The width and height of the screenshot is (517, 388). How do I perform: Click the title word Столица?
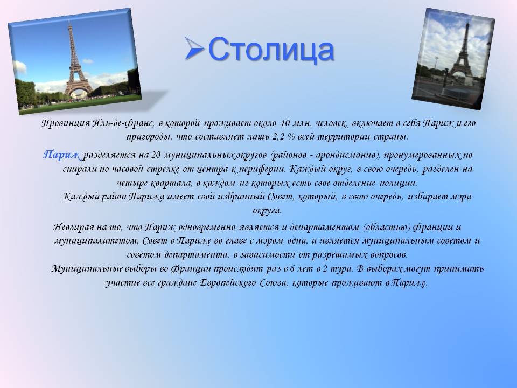(x=271, y=50)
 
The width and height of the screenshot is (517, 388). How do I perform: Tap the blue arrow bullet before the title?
(x=194, y=48)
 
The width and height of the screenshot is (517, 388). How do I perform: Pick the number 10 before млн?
(x=285, y=123)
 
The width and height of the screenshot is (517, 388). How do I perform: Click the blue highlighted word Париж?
(x=61, y=155)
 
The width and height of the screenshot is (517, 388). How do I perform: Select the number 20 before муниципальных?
(x=155, y=155)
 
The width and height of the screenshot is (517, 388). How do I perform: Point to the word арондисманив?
(x=348, y=155)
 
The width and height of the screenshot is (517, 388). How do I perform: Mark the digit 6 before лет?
(x=292, y=269)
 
